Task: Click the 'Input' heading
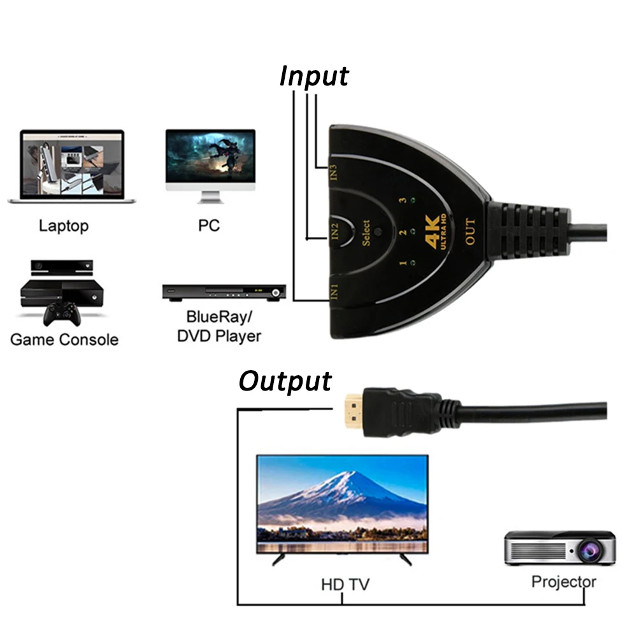(314, 76)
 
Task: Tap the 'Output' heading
(285, 381)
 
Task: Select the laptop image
(72, 166)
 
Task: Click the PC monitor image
(210, 166)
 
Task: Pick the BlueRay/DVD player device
(224, 292)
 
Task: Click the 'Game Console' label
(64, 340)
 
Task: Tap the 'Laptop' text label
(63, 226)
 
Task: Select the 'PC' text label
(209, 225)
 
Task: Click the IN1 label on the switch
(334, 292)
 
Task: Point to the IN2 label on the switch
(335, 231)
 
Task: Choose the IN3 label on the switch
(333, 172)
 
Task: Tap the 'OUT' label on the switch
(470, 232)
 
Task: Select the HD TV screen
(343, 504)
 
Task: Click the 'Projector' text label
(564, 582)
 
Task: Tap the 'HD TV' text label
(345, 585)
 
